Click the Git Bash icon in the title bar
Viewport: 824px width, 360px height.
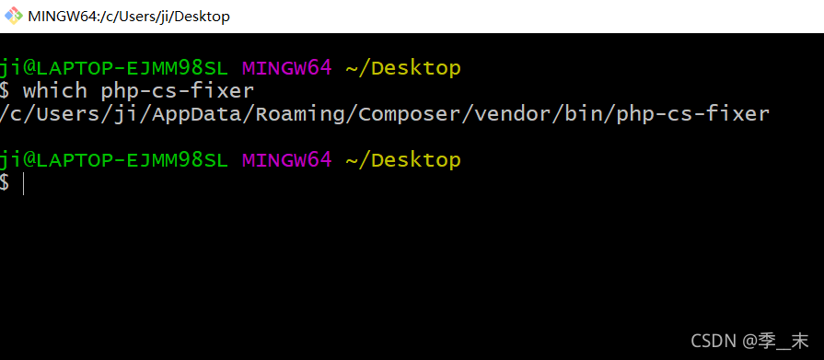(14, 17)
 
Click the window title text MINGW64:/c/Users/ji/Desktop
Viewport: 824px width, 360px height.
(129, 17)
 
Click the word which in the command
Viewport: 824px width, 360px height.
(55, 91)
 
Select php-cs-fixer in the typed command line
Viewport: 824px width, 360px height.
(177, 91)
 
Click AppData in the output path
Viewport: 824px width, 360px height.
(211, 114)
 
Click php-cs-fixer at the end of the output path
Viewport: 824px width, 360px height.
(692, 114)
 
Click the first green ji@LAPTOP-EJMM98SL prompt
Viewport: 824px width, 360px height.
(113, 68)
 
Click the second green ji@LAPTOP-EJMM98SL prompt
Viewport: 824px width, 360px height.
(113, 160)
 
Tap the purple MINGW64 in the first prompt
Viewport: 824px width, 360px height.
(285, 68)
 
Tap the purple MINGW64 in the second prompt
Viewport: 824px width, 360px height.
(285, 160)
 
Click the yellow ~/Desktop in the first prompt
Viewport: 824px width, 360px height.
(402, 68)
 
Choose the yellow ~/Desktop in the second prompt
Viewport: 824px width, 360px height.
(402, 160)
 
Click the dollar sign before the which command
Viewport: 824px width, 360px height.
(6, 91)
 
